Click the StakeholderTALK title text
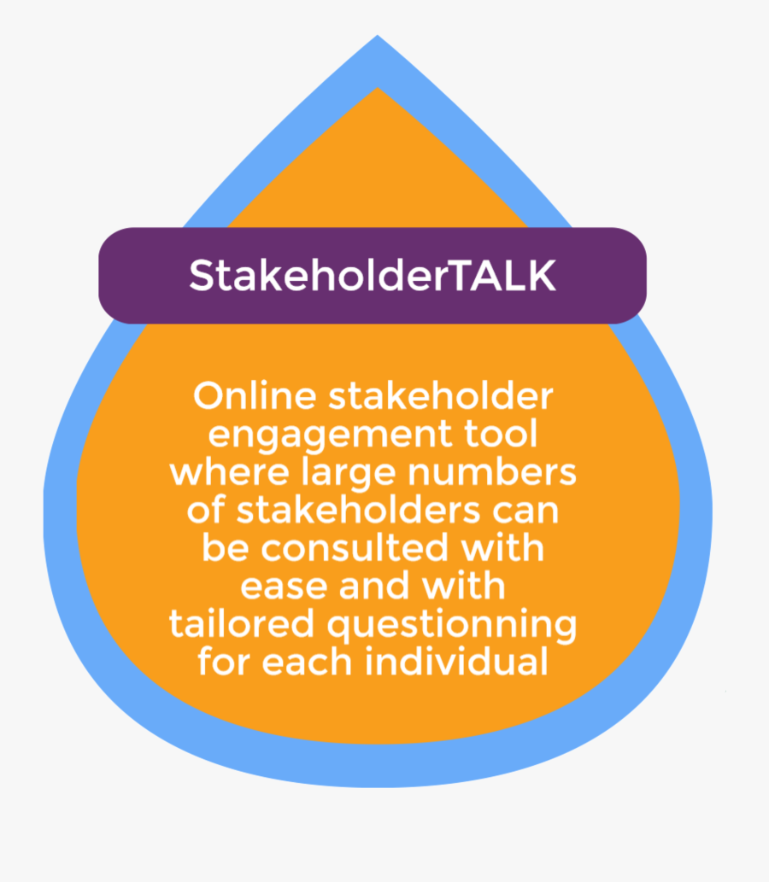[373, 276]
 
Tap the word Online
[252, 397]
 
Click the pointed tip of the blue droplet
[378, 38]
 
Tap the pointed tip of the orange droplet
[378, 91]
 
